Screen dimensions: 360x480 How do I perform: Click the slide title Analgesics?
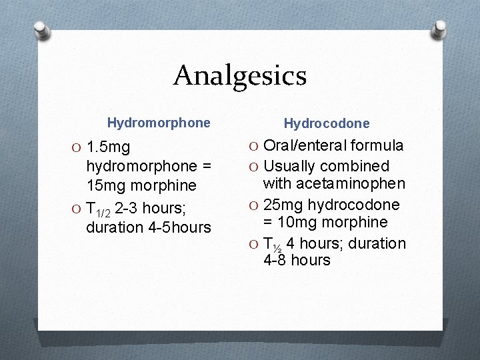[240, 75]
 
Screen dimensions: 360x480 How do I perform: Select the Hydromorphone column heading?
[159, 123]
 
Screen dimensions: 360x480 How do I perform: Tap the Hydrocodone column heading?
[327, 123]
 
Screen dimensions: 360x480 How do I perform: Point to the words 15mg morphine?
[141, 185]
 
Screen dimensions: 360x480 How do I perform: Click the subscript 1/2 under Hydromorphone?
[104, 213]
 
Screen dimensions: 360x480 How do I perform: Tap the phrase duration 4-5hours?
[148, 227]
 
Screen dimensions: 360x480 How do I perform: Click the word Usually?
[291, 166]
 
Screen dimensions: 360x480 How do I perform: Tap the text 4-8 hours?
[297, 260]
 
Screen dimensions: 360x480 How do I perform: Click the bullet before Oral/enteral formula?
[252, 146]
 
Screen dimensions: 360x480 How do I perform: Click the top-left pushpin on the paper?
[41, 30]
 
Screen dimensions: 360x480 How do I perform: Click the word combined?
[358, 166]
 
